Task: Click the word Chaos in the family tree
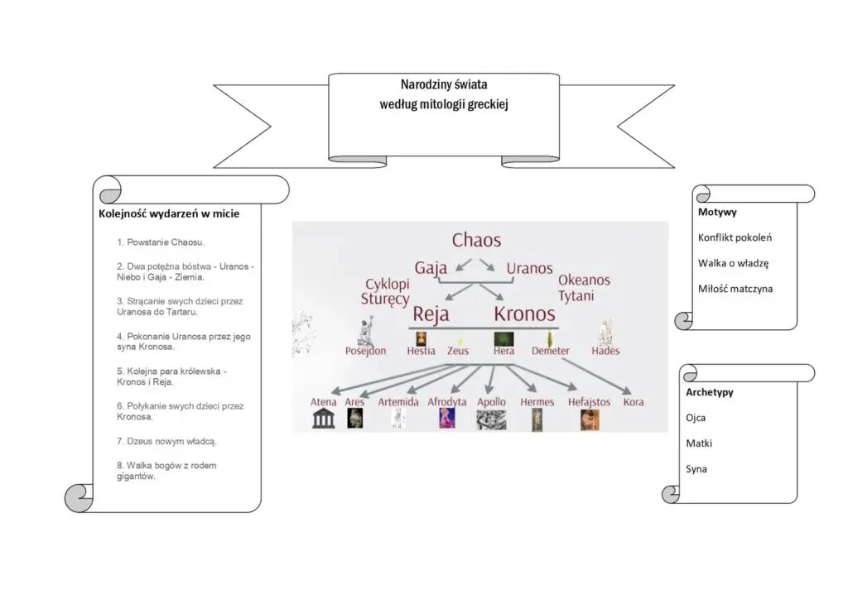click(x=476, y=241)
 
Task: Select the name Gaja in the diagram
click(x=431, y=268)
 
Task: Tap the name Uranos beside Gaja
click(x=529, y=268)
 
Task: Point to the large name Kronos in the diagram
click(x=524, y=314)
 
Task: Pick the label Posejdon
click(x=365, y=351)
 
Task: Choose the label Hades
click(x=605, y=351)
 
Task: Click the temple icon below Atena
click(x=323, y=419)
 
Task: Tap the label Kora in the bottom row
click(x=634, y=402)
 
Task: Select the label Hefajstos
click(x=589, y=402)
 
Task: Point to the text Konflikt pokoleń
click(x=735, y=237)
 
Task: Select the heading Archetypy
click(x=710, y=392)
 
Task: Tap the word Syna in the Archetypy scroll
click(x=696, y=469)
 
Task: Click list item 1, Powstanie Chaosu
click(x=161, y=242)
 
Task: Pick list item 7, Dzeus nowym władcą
click(x=166, y=441)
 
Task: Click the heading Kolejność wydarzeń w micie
click(x=169, y=213)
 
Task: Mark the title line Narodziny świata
click(x=444, y=85)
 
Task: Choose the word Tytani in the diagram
click(x=576, y=295)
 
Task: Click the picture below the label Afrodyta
click(x=447, y=419)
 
